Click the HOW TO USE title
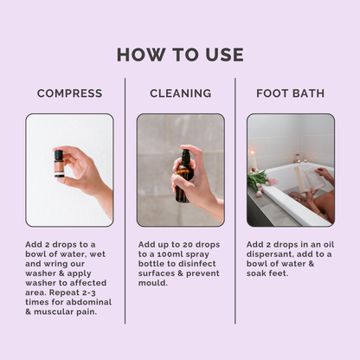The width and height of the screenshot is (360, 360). pyautogui.click(x=180, y=55)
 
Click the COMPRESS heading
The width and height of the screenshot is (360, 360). pyautogui.click(x=69, y=93)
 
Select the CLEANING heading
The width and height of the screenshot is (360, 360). pyautogui.click(x=180, y=93)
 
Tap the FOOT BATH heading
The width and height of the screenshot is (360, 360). pyautogui.click(x=290, y=93)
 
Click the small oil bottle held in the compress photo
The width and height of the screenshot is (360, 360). pyautogui.click(x=59, y=163)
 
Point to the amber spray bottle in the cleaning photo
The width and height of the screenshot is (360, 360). pyautogui.click(x=183, y=179)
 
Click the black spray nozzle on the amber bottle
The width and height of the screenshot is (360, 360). pyautogui.click(x=184, y=157)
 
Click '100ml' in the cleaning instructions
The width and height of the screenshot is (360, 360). pyautogui.click(x=165, y=258)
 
